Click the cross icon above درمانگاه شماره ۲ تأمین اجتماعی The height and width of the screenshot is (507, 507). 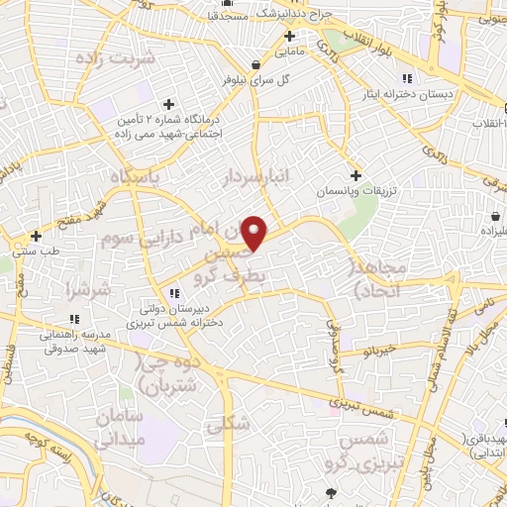(168, 104)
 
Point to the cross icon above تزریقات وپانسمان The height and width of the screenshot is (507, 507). (355, 174)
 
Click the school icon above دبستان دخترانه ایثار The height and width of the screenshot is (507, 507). (406, 79)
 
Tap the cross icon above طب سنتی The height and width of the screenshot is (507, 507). (36, 236)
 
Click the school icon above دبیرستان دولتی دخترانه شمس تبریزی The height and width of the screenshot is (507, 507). (175, 293)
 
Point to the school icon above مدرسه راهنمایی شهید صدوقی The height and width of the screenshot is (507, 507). (73, 319)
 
